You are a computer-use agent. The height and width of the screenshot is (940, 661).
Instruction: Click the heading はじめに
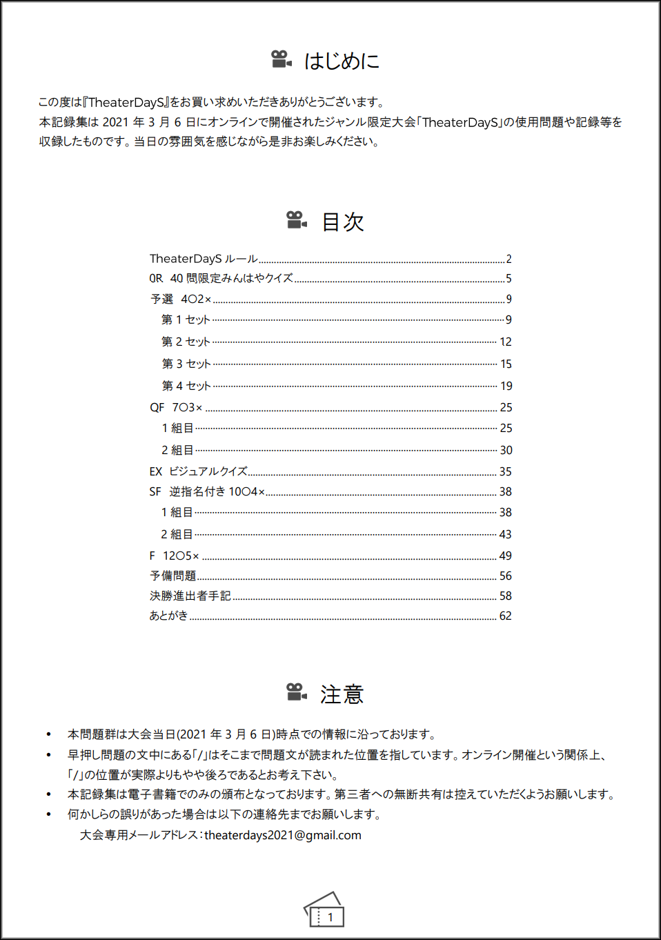coord(342,61)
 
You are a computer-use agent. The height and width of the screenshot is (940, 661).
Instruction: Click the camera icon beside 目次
coord(296,220)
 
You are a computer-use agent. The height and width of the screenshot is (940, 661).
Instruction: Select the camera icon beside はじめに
coord(281,59)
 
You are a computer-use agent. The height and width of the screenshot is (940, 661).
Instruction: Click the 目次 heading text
coord(343,222)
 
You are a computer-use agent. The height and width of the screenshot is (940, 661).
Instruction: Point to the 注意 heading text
coord(342,694)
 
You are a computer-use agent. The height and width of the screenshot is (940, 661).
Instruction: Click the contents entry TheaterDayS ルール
coord(204,259)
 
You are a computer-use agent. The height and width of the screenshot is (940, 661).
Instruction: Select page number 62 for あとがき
coord(505,616)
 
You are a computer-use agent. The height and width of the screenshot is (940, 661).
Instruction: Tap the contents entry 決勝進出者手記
coord(190,596)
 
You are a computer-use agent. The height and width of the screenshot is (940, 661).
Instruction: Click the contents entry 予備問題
coord(173,576)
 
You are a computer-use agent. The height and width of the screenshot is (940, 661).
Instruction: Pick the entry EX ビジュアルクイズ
coord(198,471)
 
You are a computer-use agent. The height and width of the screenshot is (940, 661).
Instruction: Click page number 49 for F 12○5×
coord(505,556)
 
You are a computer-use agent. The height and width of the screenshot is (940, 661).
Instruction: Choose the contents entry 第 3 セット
coord(186,364)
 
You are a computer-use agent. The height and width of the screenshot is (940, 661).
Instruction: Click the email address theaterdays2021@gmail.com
coord(283,835)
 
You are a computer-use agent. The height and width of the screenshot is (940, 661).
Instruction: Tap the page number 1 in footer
coord(330,917)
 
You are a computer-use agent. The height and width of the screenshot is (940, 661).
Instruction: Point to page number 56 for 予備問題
coord(505,576)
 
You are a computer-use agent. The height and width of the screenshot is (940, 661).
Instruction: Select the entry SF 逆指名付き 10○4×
coord(207,491)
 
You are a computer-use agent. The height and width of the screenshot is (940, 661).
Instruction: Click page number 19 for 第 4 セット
coord(506,386)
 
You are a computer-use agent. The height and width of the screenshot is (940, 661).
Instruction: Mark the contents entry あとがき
coord(169,616)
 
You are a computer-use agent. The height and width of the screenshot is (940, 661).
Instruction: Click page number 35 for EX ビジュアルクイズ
coord(505,471)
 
